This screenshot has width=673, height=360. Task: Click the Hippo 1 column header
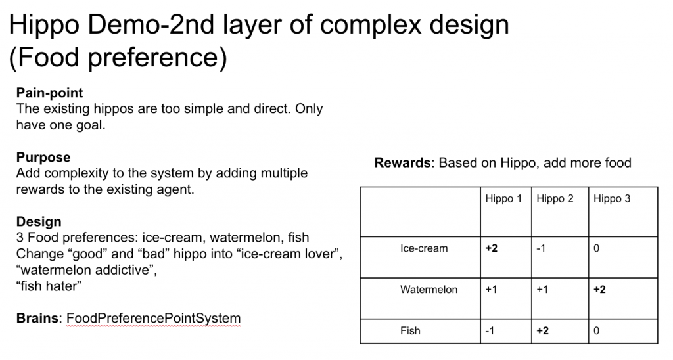503,199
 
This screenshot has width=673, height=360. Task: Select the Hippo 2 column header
555,199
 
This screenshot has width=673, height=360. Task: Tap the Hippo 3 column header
612,199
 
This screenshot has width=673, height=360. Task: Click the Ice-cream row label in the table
424,248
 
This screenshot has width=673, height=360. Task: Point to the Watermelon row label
429,290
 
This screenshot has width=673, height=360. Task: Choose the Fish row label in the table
410,331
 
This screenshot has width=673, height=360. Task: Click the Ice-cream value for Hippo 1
492,248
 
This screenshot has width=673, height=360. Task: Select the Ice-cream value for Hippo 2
541,248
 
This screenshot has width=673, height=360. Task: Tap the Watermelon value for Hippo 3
599,290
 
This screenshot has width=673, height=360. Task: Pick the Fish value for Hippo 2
542,331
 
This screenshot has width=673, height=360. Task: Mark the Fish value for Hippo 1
490,331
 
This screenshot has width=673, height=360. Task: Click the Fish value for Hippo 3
596,331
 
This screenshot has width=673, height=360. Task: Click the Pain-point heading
50,93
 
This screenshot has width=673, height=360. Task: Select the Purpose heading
43,157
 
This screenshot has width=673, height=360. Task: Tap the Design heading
39,221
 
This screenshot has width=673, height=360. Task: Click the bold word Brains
37,318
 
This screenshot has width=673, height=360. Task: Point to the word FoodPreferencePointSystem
154,319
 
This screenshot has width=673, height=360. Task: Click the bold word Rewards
403,163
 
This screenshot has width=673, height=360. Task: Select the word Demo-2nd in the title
151,24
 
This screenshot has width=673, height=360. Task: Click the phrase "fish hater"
49,286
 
